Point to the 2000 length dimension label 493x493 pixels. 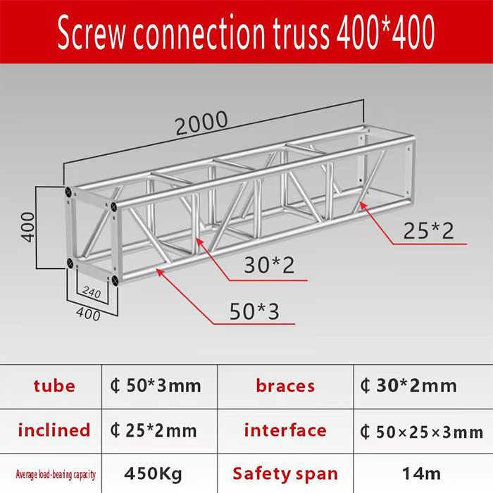[x=201, y=123]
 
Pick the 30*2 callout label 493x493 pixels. [x=269, y=266]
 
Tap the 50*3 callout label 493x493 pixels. [x=254, y=311]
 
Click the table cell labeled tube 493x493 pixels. [x=54, y=385]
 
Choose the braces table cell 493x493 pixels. [x=285, y=386]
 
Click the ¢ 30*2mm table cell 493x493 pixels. [x=408, y=386]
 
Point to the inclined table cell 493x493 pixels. [x=54, y=430]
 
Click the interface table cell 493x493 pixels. [x=285, y=430]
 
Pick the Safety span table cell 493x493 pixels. [x=285, y=473]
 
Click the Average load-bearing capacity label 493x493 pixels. [x=55, y=474]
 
